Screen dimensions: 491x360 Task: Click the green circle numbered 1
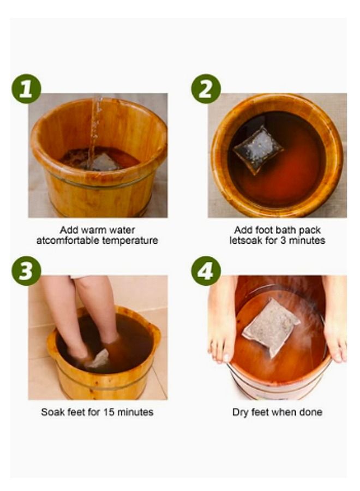click(x=26, y=89)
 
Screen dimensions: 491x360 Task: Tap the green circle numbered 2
click(x=206, y=89)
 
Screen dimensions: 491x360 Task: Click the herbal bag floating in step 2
click(x=259, y=148)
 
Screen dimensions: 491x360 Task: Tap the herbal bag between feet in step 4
click(x=271, y=327)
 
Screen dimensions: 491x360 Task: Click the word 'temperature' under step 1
click(x=127, y=240)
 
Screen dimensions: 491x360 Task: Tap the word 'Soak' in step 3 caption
click(x=52, y=412)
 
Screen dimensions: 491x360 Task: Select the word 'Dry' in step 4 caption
click(x=241, y=412)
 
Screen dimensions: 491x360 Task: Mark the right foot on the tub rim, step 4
click(x=334, y=322)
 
